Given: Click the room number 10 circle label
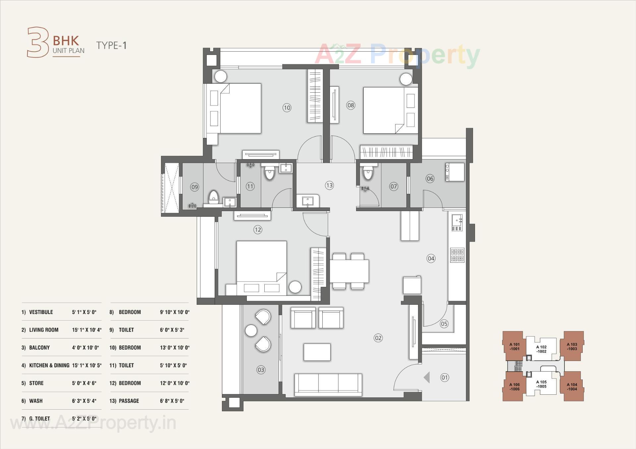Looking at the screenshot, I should (287, 108).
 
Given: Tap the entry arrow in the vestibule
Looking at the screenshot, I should (427, 377).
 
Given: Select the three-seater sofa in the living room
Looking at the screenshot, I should (328, 384).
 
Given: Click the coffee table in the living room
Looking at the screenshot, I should (317, 352).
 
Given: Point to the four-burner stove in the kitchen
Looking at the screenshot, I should (457, 255).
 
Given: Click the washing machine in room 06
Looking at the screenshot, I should (455, 172).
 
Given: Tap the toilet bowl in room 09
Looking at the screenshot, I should (214, 197).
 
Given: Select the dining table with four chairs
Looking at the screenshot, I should (349, 271).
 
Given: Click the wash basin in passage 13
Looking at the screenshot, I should (308, 201).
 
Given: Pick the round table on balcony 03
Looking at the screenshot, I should (251, 331).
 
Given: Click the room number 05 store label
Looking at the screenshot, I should (444, 324).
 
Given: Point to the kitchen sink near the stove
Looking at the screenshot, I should (457, 222).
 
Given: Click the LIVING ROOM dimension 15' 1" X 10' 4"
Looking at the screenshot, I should (87, 330).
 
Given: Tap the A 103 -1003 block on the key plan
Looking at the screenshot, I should (572, 346).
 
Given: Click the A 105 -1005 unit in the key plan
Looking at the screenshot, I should (541, 384).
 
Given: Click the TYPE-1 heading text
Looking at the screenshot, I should (111, 45).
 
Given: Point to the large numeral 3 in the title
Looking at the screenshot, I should (37, 42).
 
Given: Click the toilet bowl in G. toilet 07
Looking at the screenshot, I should (368, 173).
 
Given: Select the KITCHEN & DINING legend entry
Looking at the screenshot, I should (49, 365).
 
